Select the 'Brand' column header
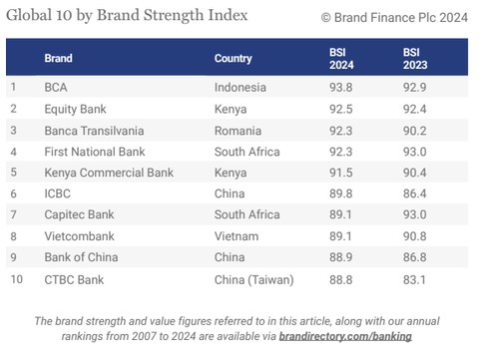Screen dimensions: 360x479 [58, 59]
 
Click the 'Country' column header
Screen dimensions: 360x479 [233, 59]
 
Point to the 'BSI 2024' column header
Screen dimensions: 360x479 [341, 59]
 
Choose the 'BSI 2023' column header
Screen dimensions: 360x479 [415, 59]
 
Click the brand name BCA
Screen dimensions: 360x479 [56, 87]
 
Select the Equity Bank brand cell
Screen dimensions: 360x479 [76, 109]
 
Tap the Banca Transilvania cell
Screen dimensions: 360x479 [94, 130]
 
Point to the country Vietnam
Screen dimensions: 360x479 [238, 237]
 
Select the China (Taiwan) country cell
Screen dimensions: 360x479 [254, 280]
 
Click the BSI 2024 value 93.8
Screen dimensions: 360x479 [341, 87]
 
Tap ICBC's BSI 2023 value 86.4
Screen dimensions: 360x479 [415, 194]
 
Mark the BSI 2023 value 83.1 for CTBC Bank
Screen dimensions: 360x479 [415, 280]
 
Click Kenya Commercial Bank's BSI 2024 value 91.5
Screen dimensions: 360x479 [341, 173]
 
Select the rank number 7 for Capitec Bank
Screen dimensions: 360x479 [14, 215]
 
